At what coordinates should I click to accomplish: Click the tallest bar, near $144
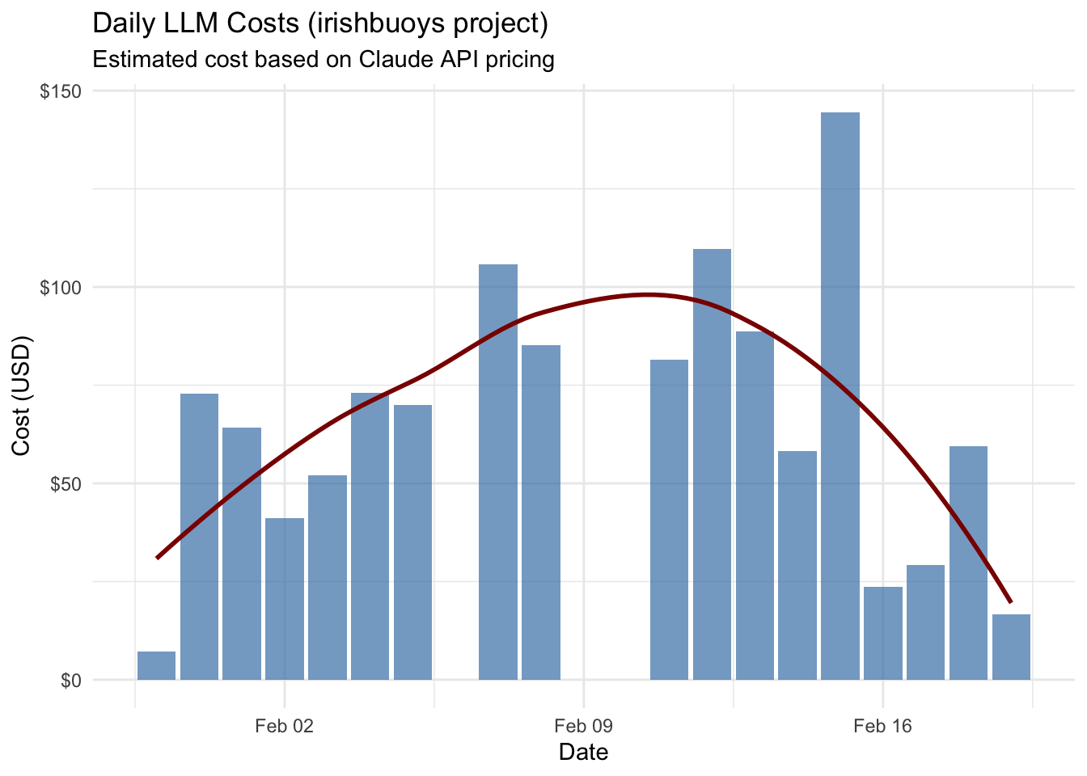pyautogui.click(x=840, y=396)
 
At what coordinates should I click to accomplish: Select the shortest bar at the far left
pyautogui.click(x=156, y=666)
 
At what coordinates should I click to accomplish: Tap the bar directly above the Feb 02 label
pyautogui.click(x=285, y=599)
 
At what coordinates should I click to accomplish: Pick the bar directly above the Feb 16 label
pyautogui.click(x=882, y=634)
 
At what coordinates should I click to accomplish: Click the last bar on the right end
pyautogui.click(x=1011, y=647)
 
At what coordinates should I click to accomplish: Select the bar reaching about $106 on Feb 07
pyautogui.click(x=498, y=472)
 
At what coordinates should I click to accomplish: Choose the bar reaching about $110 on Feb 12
pyautogui.click(x=712, y=465)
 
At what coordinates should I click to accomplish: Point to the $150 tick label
pyautogui.click(x=61, y=91)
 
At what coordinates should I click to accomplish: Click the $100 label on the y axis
pyautogui.click(x=61, y=288)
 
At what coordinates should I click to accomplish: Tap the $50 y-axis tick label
pyautogui.click(x=65, y=484)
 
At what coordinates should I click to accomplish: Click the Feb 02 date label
pyautogui.click(x=284, y=726)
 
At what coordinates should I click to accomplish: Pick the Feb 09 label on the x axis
pyautogui.click(x=583, y=726)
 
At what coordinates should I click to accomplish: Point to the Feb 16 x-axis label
pyautogui.click(x=882, y=726)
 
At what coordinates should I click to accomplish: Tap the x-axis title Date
pyautogui.click(x=583, y=753)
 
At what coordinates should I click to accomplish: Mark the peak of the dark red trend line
pyautogui.click(x=648, y=294)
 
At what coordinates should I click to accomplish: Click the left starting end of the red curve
pyautogui.click(x=158, y=557)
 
